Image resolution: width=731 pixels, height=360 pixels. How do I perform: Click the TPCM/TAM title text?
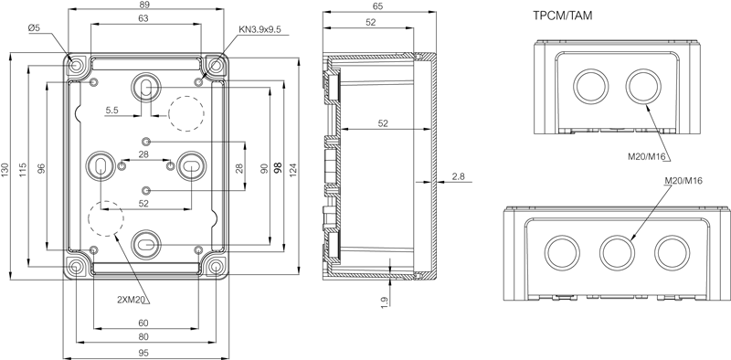pos(563,16)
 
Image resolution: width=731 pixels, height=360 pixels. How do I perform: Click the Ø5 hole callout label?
pos(35,28)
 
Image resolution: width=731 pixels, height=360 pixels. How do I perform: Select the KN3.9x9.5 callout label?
pos(260,29)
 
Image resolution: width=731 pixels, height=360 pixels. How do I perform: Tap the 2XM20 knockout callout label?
pos(132,300)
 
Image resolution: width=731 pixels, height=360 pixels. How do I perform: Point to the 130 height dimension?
pos(5,169)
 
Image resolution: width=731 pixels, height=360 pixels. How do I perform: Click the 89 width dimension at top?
pos(143,5)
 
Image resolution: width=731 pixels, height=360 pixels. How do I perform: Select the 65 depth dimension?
pos(378,6)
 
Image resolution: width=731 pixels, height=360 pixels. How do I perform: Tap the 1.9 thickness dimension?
pos(385,302)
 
